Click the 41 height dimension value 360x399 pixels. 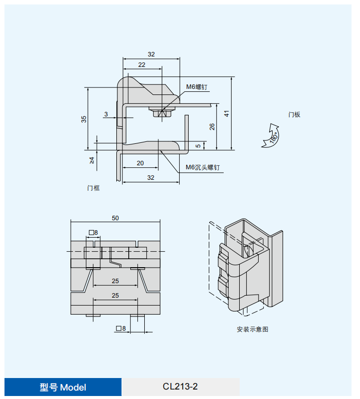(227, 113)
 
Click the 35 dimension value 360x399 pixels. (84, 119)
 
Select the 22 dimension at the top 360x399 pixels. (142, 65)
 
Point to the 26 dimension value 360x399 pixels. (212, 126)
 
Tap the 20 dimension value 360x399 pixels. (140, 163)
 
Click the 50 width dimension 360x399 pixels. (115, 218)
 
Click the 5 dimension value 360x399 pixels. (198, 146)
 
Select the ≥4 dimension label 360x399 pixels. (92, 160)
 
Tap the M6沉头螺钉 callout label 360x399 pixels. (202, 168)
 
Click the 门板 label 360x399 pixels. (294, 114)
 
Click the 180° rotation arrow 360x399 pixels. (271, 136)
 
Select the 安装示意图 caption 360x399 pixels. (252, 330)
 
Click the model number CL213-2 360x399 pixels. (180, 387)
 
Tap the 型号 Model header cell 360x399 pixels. (63, 387)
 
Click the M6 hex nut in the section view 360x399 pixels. (162, 113)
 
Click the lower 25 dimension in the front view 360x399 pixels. (115, 295)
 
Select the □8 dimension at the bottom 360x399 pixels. (120, 328)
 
